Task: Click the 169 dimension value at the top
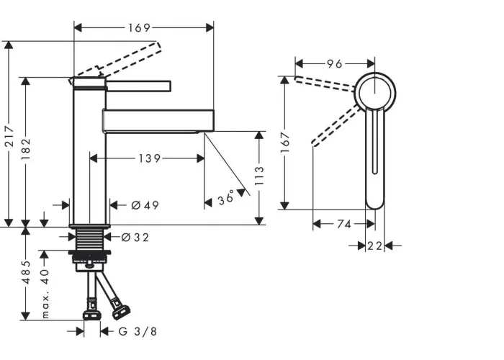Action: pyautogui.click(x=139, y=28)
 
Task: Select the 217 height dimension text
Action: pyautogui.click(x=9, y=137)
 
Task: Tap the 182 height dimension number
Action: pyautogui.click(x=27, y=149)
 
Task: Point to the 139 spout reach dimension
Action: pyautogui.click(x=150, y=158)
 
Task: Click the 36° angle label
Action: pyautogui.click(x=226, y=197)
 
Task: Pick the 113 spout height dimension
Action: pyautogui.click(x=259, y=176)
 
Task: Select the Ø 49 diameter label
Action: pyautogui.click(x=145, y=205)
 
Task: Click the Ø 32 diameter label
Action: pyautogui.click(x=135, y=238)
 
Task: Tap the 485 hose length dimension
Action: pyautogui.click(x=27, y=272)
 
